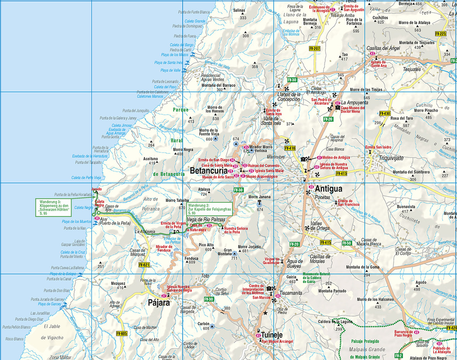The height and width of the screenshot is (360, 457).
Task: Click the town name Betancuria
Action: [x=211, y=171]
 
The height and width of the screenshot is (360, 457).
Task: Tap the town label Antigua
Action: [x=328, y=189]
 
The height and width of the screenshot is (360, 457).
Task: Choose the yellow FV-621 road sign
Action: [x=144, y=265]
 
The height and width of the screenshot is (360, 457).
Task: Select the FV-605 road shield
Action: [x=122, y=334]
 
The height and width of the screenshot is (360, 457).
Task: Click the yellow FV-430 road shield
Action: [x=384, y=113]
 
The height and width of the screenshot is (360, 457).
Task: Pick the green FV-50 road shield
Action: [x=346, y=243]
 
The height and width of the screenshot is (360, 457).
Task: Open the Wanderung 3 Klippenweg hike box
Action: [x=53, y=208]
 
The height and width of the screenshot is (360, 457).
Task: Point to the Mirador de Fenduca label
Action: [x=164, y=249]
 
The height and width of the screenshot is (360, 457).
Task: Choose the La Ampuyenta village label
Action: [x=354, y=103]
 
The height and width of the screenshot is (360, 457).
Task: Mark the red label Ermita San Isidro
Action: [x=378, y=147]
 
